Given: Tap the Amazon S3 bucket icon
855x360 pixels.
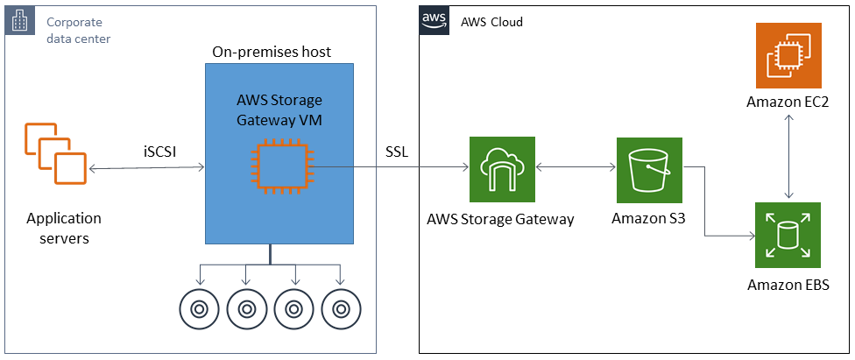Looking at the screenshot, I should (x=649, y=169).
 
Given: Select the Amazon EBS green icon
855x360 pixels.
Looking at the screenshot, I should (x=788, y=235).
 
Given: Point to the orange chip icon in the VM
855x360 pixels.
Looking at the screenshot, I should (x=280, y=168).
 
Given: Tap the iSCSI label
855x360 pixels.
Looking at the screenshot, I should (x=160, y=151).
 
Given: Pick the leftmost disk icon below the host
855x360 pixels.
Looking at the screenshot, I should (x=199, y=308).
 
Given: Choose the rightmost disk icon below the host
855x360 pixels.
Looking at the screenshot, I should (x=341, y=308).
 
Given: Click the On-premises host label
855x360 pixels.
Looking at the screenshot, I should (x=272, y=53).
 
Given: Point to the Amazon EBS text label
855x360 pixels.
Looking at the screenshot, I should (x=788, y=285).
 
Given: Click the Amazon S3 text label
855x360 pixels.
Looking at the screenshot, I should (x=649, y=219).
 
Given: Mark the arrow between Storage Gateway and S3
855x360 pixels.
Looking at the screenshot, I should (x=575, y=168).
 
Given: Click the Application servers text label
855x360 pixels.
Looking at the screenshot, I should (x=64, y=228).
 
